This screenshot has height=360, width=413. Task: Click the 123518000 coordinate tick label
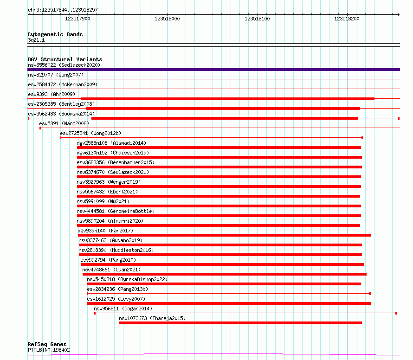167,19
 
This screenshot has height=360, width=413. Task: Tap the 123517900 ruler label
77,19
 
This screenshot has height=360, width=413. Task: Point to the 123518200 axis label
347,19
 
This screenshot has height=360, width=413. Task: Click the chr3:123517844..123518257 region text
63,10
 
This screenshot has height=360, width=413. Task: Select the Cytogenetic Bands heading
55,34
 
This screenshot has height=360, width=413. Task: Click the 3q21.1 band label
36,40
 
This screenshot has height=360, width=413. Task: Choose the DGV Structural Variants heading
65,59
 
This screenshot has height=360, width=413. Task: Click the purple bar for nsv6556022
213,70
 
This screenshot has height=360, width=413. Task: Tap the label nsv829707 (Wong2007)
56,75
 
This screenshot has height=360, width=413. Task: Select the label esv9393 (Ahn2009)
52,94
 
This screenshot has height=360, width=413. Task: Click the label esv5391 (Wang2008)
64,123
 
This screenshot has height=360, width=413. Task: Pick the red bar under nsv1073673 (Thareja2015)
240,323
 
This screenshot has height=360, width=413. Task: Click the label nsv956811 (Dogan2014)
123,309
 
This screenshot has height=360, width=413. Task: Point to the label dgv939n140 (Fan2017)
105,231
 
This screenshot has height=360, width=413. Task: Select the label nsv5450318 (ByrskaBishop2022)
127,279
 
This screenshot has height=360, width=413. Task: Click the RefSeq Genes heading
47,345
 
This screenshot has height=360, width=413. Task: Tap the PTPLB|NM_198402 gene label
49,350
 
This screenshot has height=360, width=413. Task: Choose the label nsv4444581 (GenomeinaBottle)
116,211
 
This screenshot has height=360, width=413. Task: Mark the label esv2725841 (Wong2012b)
90,133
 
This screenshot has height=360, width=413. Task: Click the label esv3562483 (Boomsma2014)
61,114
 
